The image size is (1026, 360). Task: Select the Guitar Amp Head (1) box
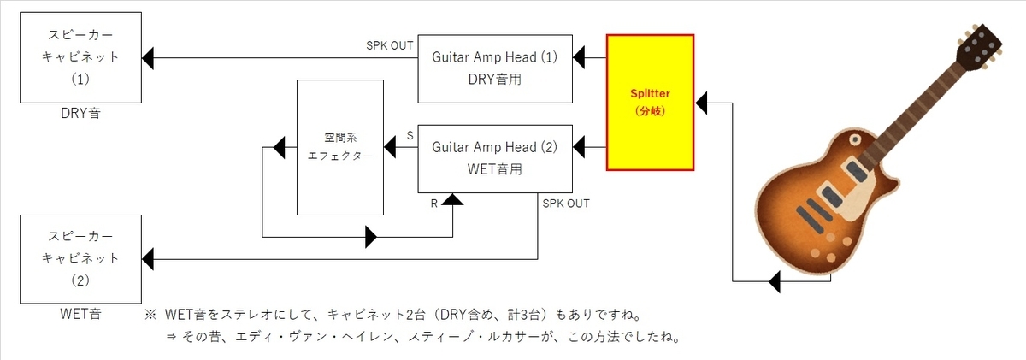pos(494,68)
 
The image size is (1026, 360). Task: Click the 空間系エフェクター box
pos(339,147)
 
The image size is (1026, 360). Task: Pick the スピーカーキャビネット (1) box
pos(82,58)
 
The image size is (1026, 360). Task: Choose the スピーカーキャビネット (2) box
pos(82,258)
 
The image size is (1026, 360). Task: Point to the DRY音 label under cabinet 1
pos(82,113)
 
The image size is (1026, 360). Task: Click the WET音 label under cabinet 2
pos(82,314)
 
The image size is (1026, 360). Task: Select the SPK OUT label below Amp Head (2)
pos(565,204)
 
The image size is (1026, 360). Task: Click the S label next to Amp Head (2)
pos(410,135)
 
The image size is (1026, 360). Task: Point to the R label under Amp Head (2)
pos(435,204)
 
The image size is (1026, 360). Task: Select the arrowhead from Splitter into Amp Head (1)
pos(579,58)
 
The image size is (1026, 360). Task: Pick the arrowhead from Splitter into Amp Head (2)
pos(579,147)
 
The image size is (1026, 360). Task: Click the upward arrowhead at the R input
pos(452,200)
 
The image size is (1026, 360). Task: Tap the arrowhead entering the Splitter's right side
pos(701,104)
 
